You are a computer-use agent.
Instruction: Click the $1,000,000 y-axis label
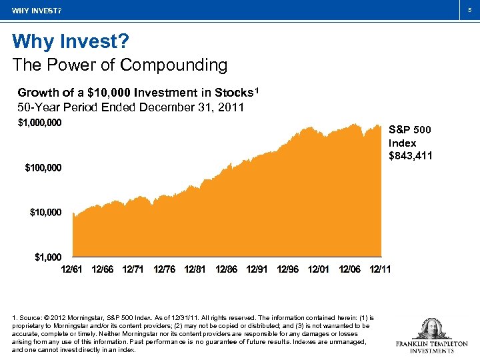pyautogui.click(x=39, y=123)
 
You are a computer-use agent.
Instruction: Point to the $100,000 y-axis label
pyautogui.click(x=43, y=167)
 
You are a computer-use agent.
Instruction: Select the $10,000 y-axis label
pyautogui.click(x=45, y=212)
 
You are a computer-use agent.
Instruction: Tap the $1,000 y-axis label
pyautogui.click(x=48, y=257)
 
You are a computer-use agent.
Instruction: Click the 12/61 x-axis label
pyautogui.click(x=72, y=269)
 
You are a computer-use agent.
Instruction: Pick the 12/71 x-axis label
pyautogui.click(x=133, y=269)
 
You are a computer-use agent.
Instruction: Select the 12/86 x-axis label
pyautogui.click(x=226, y=269)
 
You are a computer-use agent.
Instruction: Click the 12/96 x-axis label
pyautogui.click(x=287, y=269)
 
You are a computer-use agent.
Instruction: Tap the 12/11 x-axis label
pyautogui.click(x=380, y=269)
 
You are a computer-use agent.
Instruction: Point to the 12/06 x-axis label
pyautogui.click(x=349, y=269)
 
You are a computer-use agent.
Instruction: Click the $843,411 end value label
pyautogui.click(x=410, y=156)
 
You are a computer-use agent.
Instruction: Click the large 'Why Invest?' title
pyautogui.click(x=70, y=42)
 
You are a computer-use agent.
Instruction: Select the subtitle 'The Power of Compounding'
pyautogui.click(x=120, y=65)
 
